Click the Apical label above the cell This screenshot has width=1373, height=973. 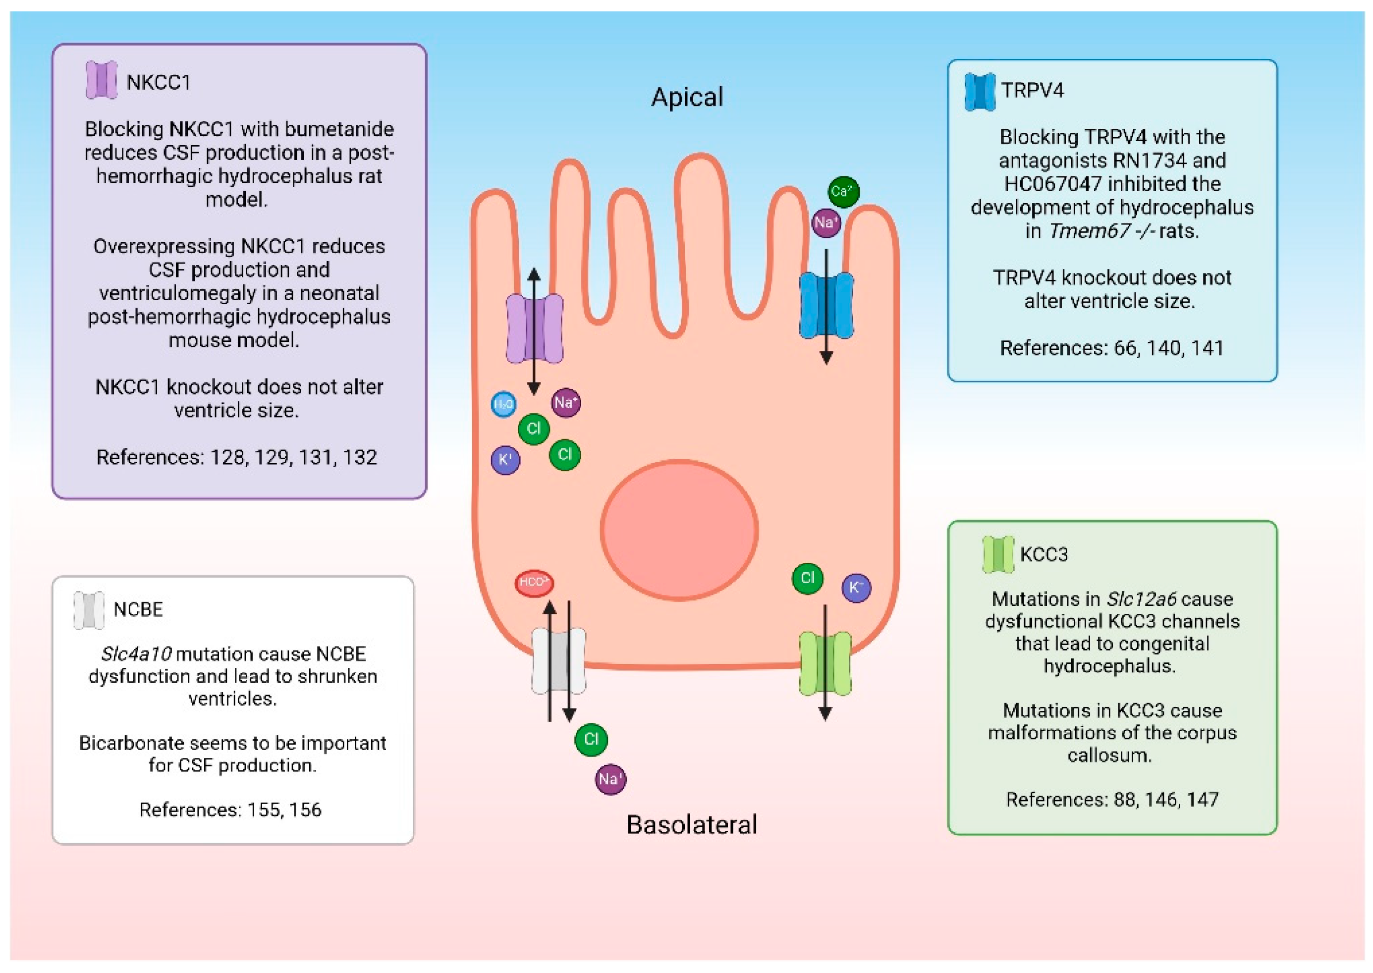[687, 97]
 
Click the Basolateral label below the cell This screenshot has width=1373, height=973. [691, 824]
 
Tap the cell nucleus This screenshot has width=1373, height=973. [679, 530]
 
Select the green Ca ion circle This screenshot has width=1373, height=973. [843, 192]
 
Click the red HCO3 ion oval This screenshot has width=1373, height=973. [534, 582]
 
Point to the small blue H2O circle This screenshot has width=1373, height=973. [503, 404]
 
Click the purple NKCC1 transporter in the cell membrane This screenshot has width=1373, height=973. [534, 328]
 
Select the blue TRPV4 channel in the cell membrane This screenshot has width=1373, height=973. [826, 305]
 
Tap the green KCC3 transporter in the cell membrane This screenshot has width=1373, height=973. [825, 663]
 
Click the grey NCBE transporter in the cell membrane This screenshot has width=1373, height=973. [558, 661]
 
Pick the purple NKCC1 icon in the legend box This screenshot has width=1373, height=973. [101, 80]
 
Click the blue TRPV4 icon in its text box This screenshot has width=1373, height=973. [980, 92]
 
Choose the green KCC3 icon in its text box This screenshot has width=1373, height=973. [998, 554]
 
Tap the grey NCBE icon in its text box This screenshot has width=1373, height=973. [89, 610]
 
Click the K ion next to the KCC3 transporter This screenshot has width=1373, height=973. [856, 588]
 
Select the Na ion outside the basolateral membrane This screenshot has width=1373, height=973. [610, 779]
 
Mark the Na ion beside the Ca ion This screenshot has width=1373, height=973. [825, 223]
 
